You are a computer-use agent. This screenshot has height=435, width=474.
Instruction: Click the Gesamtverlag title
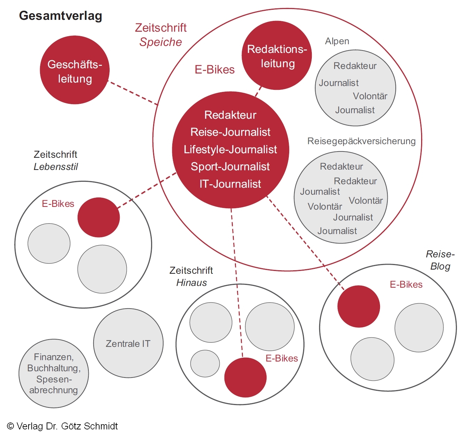[x=61, y=16]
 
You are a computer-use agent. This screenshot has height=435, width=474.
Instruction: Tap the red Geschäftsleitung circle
[x=74, y=70]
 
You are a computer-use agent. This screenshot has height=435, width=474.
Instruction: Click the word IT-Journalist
[x=230, y=184]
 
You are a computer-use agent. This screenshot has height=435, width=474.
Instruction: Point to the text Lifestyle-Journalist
[x=230, y=149]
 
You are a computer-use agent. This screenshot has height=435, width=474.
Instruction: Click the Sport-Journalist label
[x=230, y=166]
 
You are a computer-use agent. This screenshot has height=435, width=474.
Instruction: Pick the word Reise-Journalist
[x=230, y=132]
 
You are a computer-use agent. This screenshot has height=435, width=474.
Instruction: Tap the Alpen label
[x=337, y=41]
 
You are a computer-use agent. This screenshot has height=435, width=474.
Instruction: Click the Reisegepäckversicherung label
[x=361, y=141]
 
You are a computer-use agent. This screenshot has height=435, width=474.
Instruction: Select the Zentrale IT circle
[x=128, y=343]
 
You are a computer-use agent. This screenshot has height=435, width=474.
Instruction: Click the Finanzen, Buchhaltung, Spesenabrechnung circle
[x=54, y=373]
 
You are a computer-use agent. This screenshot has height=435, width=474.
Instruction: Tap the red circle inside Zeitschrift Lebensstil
[x=98, y=217]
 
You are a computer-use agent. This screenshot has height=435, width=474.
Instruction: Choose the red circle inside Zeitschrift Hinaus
[x=245, y=377]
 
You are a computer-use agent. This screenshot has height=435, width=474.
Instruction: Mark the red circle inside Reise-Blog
[x=358, y=306]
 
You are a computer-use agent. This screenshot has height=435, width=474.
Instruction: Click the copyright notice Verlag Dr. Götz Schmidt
[x=63, y=426]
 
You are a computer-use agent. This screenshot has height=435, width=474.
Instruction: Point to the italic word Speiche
[x=160, y=42]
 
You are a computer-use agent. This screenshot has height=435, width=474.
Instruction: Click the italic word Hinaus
[x=191, y=283]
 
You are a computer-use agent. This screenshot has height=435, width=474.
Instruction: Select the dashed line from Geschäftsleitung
[x=133, y=93]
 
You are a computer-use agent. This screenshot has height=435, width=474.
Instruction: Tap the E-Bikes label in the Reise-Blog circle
[x=406, y=285]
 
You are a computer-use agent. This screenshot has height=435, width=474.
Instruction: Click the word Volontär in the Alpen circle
[x=370, y=96]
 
